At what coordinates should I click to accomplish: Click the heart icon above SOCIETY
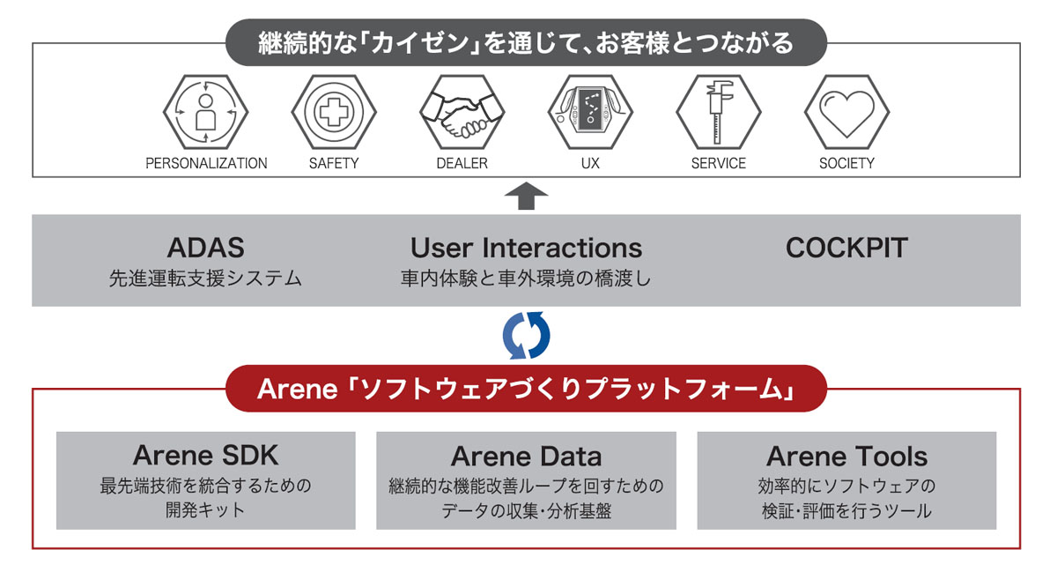[x=846, y=113]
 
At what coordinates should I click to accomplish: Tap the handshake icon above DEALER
[x=462, y=113]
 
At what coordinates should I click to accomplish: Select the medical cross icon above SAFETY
[x=334, y=113]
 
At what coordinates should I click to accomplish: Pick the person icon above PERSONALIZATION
[x=206, y=113]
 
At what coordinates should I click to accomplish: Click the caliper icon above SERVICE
[x=719, y=113]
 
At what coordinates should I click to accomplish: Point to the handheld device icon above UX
[x=590, y=113]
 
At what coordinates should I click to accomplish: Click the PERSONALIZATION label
[x=206, y=163]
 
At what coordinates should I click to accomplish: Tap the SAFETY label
[x=334, y=163]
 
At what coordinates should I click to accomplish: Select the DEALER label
[x=462, y=163]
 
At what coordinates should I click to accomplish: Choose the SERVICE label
[x=719, y=163]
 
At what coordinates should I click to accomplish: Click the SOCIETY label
[x=847, y=163]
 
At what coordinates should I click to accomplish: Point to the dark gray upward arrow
[x=526, y=196]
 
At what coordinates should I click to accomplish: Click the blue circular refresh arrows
[x=526, y=336]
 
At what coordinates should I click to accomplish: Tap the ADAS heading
[x=206, y=248]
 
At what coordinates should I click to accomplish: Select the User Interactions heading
[x=526, y=248]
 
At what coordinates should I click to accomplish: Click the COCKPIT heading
[x=847, y=248]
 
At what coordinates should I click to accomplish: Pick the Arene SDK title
[x=206, y=456]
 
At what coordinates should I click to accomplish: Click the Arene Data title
[x=526, y=457]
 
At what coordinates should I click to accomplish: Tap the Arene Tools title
[x=847, y=457]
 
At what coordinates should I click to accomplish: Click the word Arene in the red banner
[x=298, y=390]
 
